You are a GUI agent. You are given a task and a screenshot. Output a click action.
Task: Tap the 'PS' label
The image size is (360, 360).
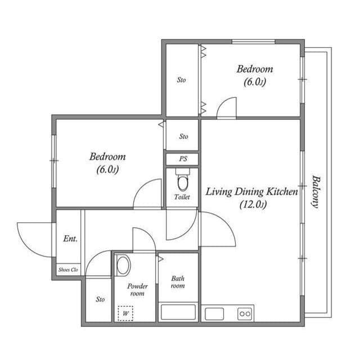pyautogui.click(x=183, y=159)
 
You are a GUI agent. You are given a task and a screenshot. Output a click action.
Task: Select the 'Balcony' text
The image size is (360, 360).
pyautogui.click(x=316, y=191)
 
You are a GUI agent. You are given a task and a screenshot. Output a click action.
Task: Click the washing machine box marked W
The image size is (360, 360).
pyautogui.click(x=125, y=313)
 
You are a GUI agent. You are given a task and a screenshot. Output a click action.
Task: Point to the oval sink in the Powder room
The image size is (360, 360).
pyautogui.click(x=123, y=265)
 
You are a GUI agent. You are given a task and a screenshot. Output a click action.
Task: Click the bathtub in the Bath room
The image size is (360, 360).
pyautogui.click(x=178, y=312)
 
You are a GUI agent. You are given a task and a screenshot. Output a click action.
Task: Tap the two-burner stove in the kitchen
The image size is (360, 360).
pyautogui.click(x=245, y=313)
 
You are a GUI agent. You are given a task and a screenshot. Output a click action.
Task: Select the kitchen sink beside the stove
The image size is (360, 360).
pyautogui.click(x=214, y=313)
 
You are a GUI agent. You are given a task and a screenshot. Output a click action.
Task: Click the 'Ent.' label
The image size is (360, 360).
pyautogui.click(x=70, y=238)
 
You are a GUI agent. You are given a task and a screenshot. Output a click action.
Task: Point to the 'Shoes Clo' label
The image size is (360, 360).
pyautogui.click(x=69, y=270)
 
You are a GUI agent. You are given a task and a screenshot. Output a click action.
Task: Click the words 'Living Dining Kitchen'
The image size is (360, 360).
pyautogui.click(x=251, y=192)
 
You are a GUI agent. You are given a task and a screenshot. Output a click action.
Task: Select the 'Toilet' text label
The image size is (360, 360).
pyautogui.click(x=182, y=197)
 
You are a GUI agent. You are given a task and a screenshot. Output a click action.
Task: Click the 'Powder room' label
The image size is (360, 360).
pyautogui.click(x=137, y=290)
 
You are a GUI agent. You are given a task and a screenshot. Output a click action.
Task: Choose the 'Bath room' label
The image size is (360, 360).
pyautogui.click(x=178, y=282)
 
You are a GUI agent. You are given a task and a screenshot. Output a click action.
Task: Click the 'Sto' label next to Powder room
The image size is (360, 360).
pyautogui.click(x=100, y=299)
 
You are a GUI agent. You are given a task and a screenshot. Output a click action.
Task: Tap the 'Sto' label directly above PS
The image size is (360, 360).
pyautogui.click(x=183, y=136)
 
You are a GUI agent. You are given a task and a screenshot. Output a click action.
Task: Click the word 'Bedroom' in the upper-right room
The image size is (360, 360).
pyautogui.click(x=254, y=69)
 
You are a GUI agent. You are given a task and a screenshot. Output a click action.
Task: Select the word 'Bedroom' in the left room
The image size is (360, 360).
pyautogui.click(x=107, y=156)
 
